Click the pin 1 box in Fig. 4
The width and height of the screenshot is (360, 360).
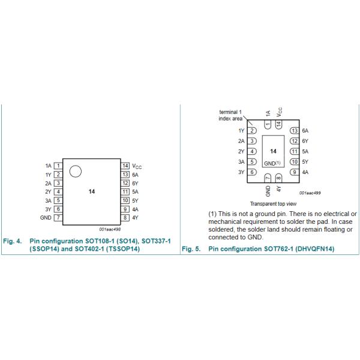point(58,165)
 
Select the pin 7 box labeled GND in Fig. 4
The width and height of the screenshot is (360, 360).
point(58,217)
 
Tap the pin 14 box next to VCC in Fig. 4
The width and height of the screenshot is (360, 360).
point(125,165)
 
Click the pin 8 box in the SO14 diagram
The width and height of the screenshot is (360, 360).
point(125,217)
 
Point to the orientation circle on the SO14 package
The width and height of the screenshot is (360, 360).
point(75,172)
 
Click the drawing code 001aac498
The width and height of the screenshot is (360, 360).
point(110,229)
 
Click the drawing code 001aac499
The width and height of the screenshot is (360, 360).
point(310,193)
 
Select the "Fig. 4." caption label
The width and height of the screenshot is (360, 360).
point(13,241)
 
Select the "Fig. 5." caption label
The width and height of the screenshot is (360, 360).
point(191,248)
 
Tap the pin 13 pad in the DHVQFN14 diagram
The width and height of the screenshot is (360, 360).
point(294,130)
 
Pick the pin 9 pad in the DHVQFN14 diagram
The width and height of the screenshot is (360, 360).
point(294,172)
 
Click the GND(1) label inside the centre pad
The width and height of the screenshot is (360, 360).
point(273,163)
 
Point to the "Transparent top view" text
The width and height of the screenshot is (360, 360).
point(274,203)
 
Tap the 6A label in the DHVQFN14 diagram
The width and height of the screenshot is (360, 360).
point(305,130)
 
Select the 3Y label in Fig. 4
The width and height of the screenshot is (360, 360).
point(48,209)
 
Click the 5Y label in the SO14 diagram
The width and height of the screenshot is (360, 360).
point(135,200)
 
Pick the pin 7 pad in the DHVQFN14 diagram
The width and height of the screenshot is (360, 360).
point(268,178)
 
